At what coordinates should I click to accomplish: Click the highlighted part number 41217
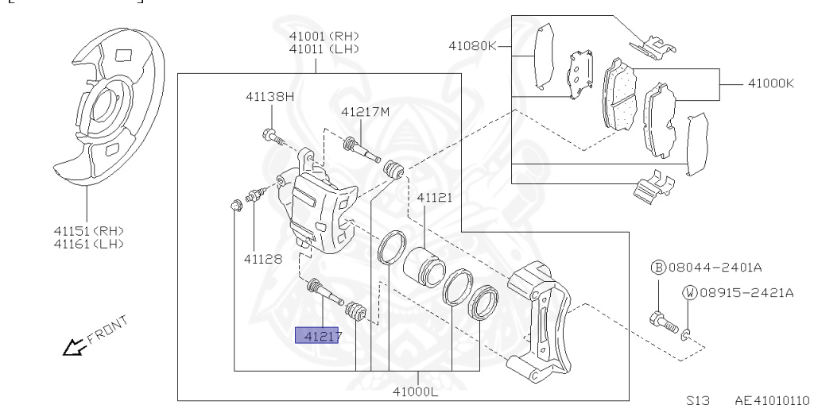318,336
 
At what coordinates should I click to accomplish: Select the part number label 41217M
366,111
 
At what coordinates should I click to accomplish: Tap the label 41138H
269,96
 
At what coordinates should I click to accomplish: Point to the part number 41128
263,259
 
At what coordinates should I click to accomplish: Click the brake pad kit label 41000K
769,83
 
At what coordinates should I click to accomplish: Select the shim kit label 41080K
472,46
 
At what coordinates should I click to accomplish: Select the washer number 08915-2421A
745,292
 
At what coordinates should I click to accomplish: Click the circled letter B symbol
658,268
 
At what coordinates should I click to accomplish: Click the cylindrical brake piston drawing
423,264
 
